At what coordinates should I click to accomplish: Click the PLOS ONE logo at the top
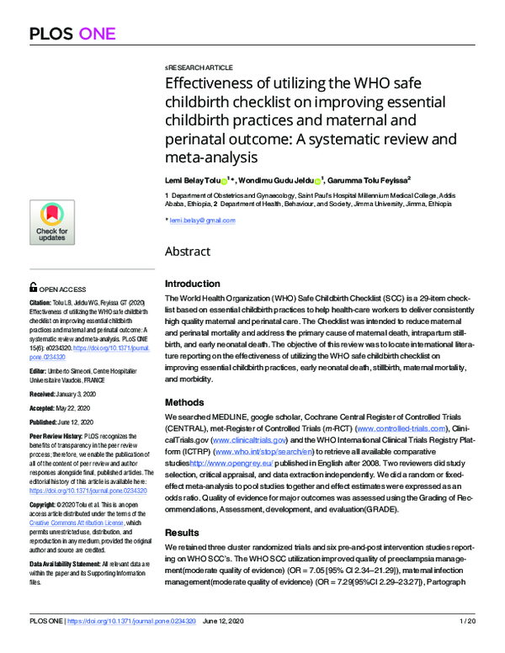pos(76,33)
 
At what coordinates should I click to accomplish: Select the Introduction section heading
pos(192,284)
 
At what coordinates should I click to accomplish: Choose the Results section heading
pos(182,510)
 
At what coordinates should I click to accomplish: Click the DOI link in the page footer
pos(137,644)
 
